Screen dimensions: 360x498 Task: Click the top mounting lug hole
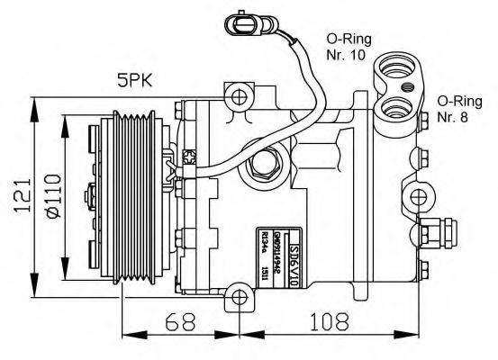pos(238,96)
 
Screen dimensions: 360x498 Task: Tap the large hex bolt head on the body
pos(267,166)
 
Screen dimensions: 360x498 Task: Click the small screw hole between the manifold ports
pos(407,87)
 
